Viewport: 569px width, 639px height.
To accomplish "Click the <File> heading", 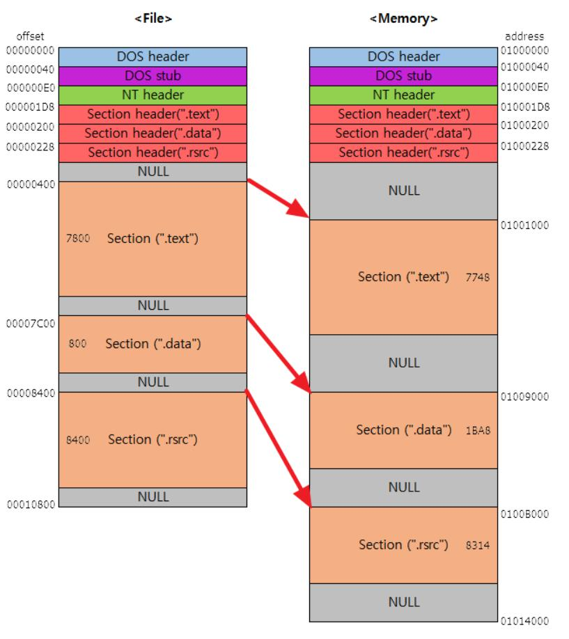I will point(153,19).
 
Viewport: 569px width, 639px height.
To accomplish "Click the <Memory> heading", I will point(403,19).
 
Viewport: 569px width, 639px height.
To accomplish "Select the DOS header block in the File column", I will point(153,56).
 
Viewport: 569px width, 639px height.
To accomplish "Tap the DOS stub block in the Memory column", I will point(403,76).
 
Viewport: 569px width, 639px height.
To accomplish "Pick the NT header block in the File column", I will point(153,95).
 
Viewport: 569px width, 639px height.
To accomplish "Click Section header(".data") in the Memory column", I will point(403,133).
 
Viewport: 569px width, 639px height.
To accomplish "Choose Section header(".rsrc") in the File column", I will point(153,152).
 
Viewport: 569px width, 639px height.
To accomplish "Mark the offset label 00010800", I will point(31,505).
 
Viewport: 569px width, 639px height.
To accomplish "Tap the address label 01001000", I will point(524,226).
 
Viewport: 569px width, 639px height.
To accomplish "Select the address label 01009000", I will point(524,397).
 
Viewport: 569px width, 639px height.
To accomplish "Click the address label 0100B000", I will point(524,514).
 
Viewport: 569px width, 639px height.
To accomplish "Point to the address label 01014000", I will point(524,621).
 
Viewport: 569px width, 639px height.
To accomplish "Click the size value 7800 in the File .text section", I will point(77,239).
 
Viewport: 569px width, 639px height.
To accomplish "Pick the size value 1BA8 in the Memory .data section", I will point(478,430).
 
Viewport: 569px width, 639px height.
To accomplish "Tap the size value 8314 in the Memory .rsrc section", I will point(478,546).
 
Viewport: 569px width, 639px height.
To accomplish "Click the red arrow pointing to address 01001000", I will point(278,198).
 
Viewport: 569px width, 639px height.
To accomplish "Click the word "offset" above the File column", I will point(30,36).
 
